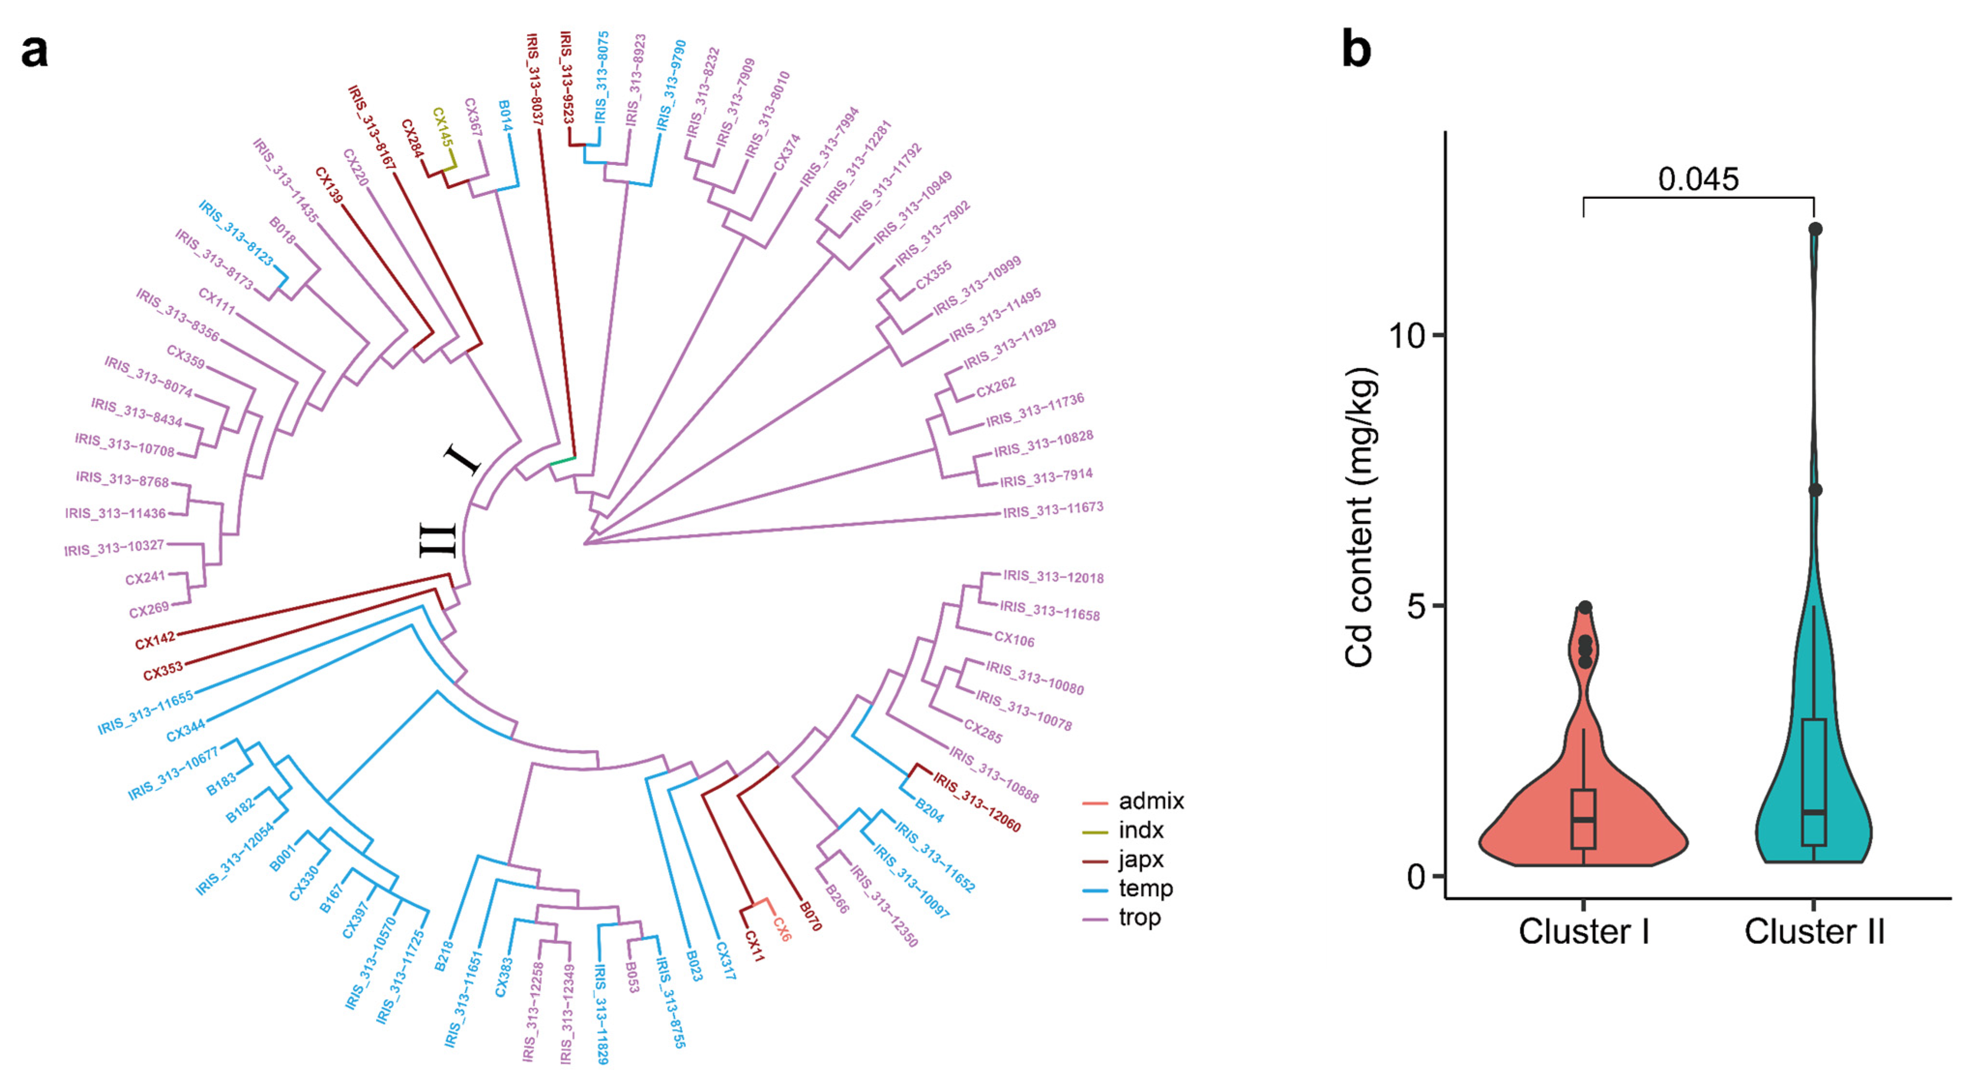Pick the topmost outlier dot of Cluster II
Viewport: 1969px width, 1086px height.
coord(1815,229)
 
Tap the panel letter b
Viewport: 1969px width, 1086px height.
coord(1357,50)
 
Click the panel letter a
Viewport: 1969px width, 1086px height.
coord(34,52)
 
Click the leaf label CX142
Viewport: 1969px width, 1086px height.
coord(155,641)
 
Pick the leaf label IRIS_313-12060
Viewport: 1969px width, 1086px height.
coord(977,802)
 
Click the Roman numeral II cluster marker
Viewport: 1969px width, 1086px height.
coord(438,540)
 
